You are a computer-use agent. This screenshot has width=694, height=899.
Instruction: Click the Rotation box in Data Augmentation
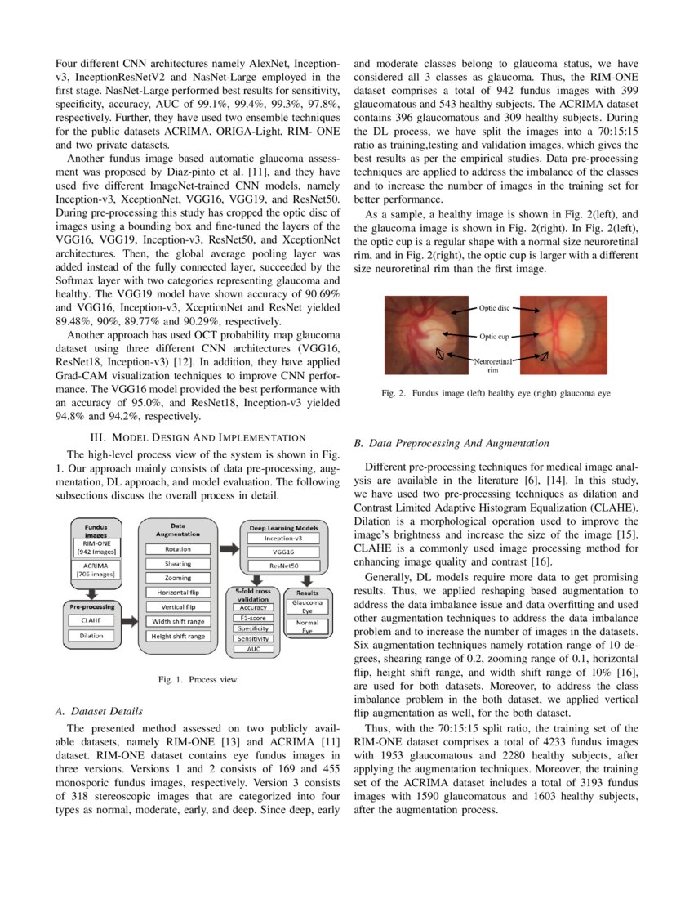177,549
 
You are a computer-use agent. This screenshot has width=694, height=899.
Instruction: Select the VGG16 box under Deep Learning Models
283,552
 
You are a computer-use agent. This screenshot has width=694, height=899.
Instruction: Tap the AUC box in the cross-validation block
253,649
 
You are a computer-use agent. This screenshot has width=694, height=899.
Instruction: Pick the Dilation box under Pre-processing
91,636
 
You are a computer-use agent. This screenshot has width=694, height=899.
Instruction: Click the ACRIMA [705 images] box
96,570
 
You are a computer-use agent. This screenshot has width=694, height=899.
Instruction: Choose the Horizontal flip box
177,593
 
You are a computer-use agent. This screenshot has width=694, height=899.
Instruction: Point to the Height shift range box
177,636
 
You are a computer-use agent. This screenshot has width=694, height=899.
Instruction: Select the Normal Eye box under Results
308,626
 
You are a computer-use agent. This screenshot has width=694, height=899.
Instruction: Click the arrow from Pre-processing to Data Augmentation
129,621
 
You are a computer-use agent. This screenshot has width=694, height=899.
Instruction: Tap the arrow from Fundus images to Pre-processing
91,594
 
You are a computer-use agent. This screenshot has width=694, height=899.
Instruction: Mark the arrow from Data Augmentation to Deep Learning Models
229,549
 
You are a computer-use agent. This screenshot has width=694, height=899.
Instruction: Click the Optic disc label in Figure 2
494,308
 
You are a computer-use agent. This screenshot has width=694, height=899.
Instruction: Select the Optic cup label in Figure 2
494,337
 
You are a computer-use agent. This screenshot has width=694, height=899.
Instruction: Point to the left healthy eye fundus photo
426,335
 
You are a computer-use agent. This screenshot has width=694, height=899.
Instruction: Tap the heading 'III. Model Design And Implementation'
198,437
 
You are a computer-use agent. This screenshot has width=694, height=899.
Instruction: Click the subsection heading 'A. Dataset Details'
99,712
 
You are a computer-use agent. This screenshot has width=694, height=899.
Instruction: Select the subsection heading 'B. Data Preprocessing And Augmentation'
452,443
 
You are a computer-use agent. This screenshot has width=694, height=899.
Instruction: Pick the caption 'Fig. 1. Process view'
198,679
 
